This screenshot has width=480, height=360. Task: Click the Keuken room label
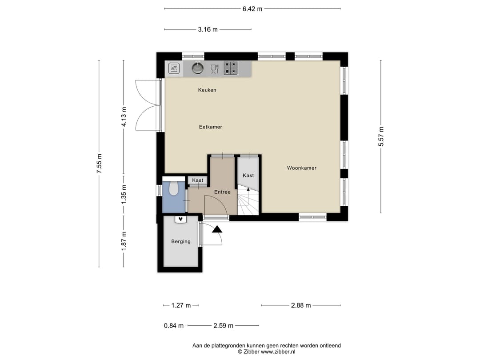[x=207, y=90]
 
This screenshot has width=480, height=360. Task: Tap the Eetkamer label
[x=210, y=127]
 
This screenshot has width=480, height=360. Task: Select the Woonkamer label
[x=301, y=168]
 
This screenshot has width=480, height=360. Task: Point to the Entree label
[x=222, y=192]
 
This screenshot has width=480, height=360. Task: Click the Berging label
[x=180, y=241]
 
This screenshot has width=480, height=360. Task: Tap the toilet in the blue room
[x=174, y=188]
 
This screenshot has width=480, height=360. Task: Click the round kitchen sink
[x=197, y=68]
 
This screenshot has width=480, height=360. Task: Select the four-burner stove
[x=231, y=68]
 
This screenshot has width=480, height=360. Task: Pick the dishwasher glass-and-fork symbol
[x=215, y=69]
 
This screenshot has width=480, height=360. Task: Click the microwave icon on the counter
[x=174, y=68]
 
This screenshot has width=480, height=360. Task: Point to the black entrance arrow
[x=217, y=229]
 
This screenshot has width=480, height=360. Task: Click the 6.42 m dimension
[x=252, y=9]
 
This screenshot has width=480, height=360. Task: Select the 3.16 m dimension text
[x=208, y=29]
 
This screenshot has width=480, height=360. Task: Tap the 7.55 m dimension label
[x=99, y=164]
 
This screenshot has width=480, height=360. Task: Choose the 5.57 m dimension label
[x=381, y=136]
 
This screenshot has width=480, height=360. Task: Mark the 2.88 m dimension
[x=301, y=305]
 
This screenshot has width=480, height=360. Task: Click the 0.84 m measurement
[x=174, y=326]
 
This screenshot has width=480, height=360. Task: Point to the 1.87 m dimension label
[x=124, y=240]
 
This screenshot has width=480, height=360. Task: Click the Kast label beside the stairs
[x=248, y=176]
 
